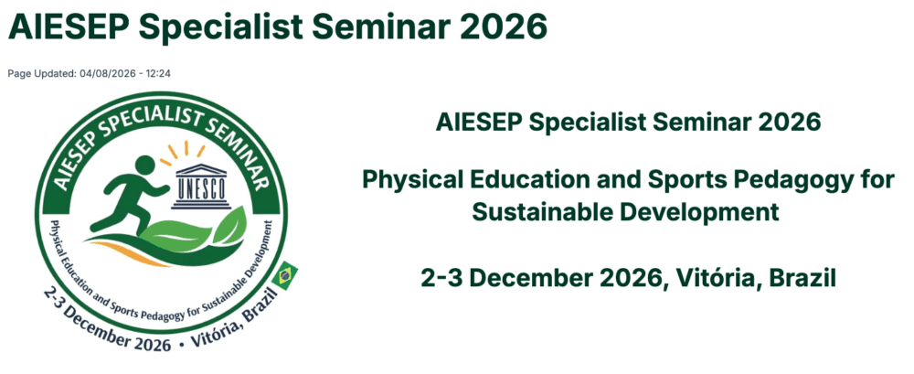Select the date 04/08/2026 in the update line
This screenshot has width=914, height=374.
[x=117, y=73]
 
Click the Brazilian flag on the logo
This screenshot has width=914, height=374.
[x=285, y=275]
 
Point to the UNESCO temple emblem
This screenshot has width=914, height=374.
[x=200, y=186]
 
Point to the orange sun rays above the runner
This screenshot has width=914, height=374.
[x=184, y=151]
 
